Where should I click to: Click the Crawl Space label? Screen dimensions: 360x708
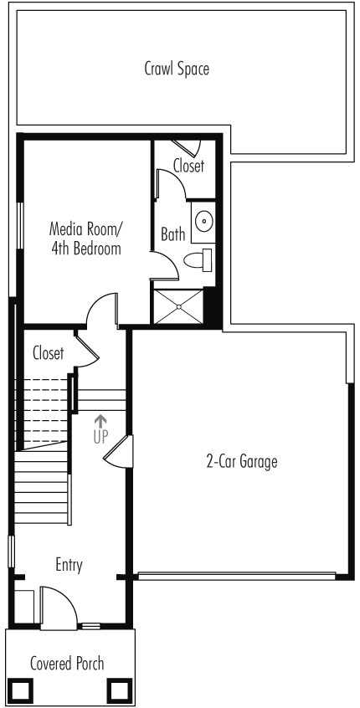pyautogui.click(x=177, y=69)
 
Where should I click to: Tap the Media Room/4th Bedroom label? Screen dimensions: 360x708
pyautogui.click(x=85, y=238)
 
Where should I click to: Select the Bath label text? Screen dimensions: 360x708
pyautogui.click(x=173, y=234)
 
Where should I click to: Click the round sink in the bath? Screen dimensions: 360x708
pyautogui.click(x=204, y=222)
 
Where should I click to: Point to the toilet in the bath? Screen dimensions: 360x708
pyautogui.click(x=198, y=260)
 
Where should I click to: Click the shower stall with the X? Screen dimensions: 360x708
pyautogui.click(x=178, y=306)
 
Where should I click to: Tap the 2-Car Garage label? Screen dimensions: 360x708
pyautogui.click(x=242, y=462)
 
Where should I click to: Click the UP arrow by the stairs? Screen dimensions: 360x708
pyautogui.click(x=100, y=422)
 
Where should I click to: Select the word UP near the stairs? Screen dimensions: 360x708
pyautogui.click(x=100, y=437)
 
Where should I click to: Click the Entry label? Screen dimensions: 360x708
pyautogui.click(x=69, y=565)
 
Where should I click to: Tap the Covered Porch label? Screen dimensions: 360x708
pyautogui.click(x=67, y=664)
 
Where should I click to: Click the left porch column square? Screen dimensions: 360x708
pyautogui.click(x=21, y=690)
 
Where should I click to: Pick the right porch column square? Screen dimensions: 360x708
pyautogui.click(x=119, y=690)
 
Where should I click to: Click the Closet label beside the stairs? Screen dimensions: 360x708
pyautogui.click(x=49, y=352)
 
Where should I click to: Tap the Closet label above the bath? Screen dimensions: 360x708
pyautogui.click(x=189, y=166)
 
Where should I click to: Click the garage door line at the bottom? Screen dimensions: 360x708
pyautogui.click(x=237, y=576)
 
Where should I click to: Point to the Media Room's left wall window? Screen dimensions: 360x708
pyautogui.click(x=19, y=225)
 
